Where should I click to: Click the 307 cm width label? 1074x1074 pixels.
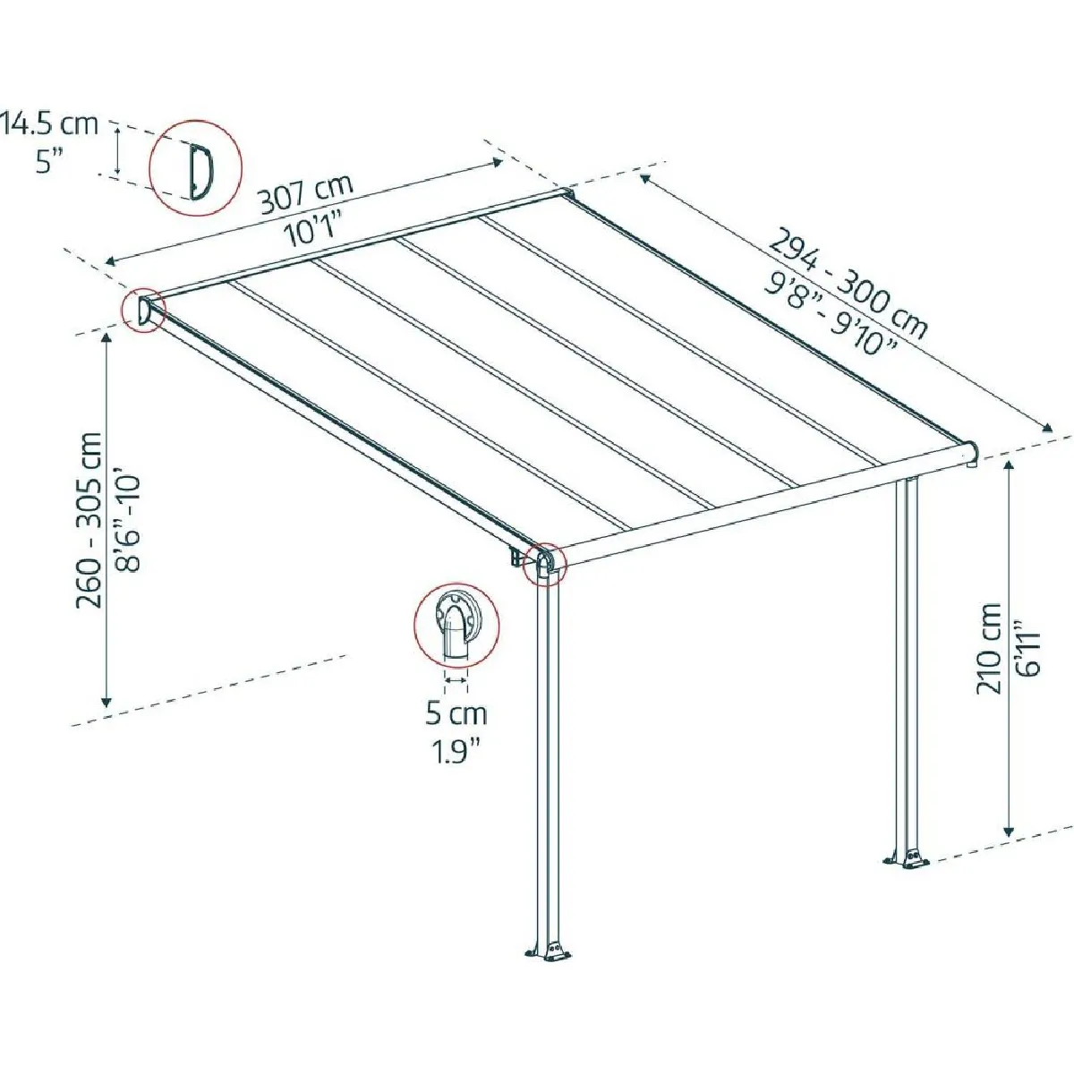[307, 194]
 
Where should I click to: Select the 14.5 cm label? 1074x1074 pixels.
[50, 124]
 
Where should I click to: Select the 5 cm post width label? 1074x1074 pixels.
[456, 714]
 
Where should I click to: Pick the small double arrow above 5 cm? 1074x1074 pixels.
[456, 680]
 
